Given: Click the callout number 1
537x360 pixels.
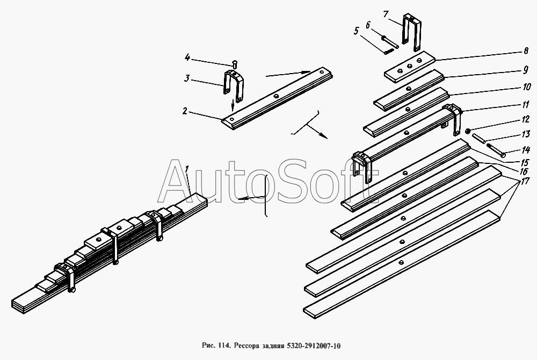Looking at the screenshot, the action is (187, 169).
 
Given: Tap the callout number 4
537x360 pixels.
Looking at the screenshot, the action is (187, 57).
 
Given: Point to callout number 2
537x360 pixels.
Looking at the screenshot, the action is (185, 111).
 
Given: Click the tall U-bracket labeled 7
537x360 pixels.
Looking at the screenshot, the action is (411, 33).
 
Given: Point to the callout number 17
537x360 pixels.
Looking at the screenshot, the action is (524, 181).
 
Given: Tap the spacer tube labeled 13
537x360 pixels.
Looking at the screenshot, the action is (478, 138).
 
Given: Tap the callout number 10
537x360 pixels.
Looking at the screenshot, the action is (526, 87).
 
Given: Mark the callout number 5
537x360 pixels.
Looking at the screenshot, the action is (357, 32).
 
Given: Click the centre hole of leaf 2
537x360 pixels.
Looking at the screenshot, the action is (276, 97).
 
